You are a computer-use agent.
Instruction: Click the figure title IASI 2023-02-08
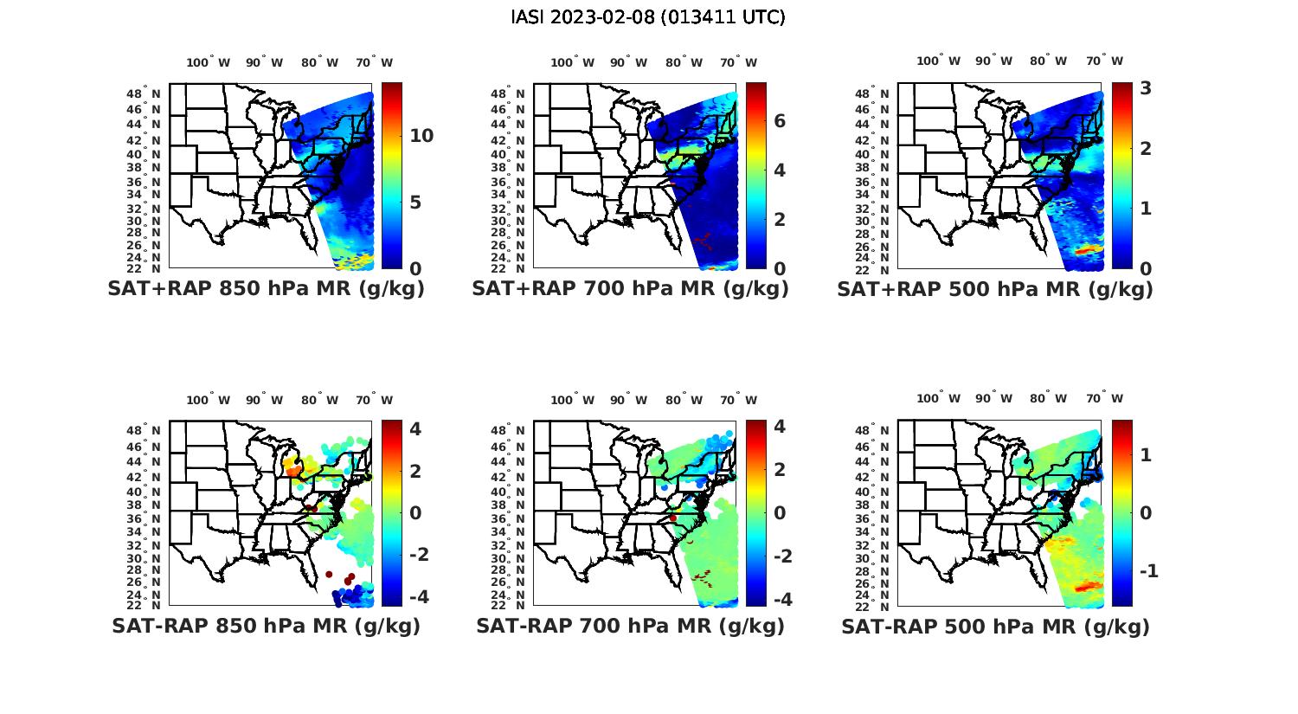click(x=648, y=16)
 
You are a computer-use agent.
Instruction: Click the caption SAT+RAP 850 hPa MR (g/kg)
click(x=266, y=289)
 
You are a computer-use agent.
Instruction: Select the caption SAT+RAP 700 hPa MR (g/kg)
click(x=630, y=289)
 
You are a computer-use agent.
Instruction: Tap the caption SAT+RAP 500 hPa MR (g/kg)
click(x=995, y=289)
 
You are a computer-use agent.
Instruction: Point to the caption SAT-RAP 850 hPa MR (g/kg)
click(x=266, y=626)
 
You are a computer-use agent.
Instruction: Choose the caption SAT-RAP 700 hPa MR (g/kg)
click(x=630, y=626)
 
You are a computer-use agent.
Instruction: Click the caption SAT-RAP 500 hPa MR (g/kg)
click(x=995, y=626)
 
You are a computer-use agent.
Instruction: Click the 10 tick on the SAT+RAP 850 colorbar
click(x=421, y=136)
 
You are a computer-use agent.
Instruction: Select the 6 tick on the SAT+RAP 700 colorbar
click(x=780, y=120)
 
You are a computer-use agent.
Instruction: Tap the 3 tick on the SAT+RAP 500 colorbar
click(x=1145, y=88)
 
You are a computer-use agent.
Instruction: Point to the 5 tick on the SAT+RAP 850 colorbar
click(x=414, y=203)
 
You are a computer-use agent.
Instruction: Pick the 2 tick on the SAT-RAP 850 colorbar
click(x=415, y=471)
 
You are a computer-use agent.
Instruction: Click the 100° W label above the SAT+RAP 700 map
click(x=572, y=62)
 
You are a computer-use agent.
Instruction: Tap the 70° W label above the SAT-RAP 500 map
click(x=1104, y=399)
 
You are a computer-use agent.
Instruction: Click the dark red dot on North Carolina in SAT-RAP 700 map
click(x=672, y=518)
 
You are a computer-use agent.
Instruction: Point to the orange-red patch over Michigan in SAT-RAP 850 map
click(x=294, y=468)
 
